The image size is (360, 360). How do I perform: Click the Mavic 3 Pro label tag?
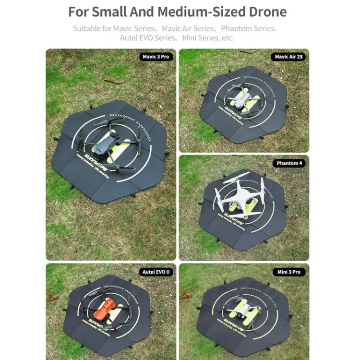point(157,57)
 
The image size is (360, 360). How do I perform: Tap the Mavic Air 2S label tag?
point(289,57)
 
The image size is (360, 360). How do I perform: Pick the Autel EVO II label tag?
point(156,272)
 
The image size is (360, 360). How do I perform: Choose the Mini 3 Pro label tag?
point(289,272)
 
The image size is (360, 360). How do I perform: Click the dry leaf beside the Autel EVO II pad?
point(52,297)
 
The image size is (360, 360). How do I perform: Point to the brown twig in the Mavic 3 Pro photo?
point(114,81)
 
